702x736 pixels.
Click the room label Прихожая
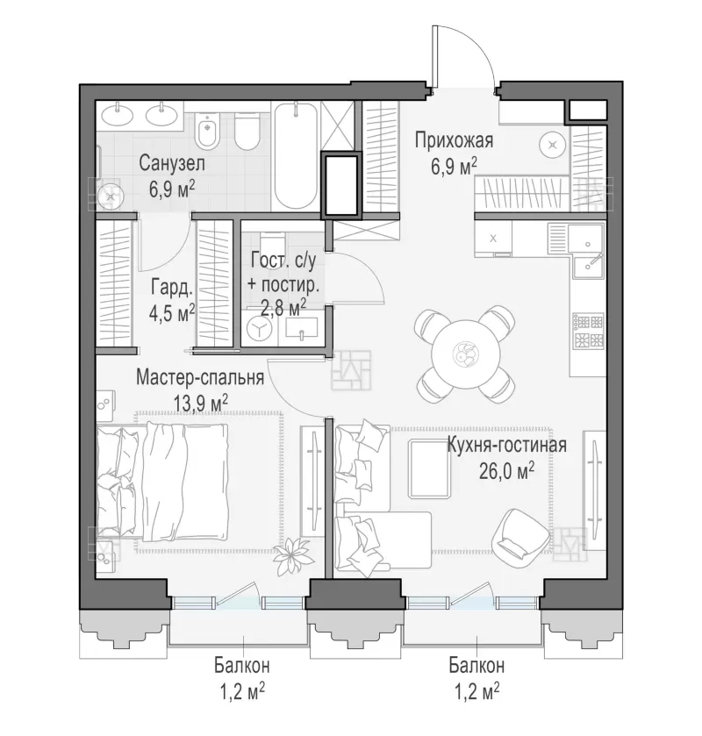[x=454, y=140]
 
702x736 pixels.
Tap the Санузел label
[x=172, y=164]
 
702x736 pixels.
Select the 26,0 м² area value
[x=506, y=471]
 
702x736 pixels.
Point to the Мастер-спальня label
[x=200, y=377]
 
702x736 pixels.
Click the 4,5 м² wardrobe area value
[x=172, y=313]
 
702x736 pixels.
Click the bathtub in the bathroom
[x=296, y=157]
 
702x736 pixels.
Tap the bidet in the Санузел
[x=205, y=130]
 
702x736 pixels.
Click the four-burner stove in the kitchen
[x=587, y=332]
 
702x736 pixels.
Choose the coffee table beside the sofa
[x=429, y=468]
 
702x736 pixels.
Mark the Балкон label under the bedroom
[x=242, y=665]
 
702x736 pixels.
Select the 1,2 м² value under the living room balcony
[x=476, y=691]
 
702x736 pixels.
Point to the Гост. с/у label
[x=283, y=261]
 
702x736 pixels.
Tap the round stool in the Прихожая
[x=553, y=146]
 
